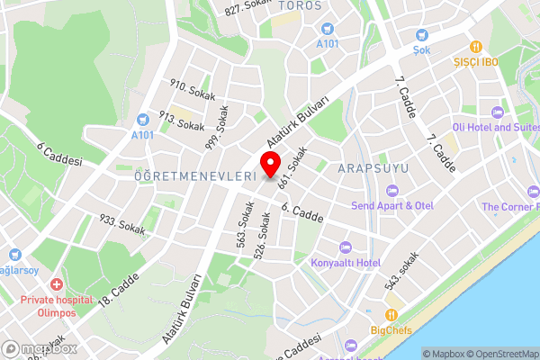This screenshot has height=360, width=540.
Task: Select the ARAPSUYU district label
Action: click(374, 168)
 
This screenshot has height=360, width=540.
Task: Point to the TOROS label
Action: click(300, 6)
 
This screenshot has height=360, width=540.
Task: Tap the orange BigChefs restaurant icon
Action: click(391, 315)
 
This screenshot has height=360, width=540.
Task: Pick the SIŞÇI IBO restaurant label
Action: click(477, 62)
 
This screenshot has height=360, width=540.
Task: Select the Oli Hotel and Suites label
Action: click(495, 127)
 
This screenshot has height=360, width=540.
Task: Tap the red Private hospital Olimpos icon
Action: click(57, 284)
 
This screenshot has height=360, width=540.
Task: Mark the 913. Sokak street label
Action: click(182, 121)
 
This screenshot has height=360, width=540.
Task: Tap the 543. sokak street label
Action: click(402, 269)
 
